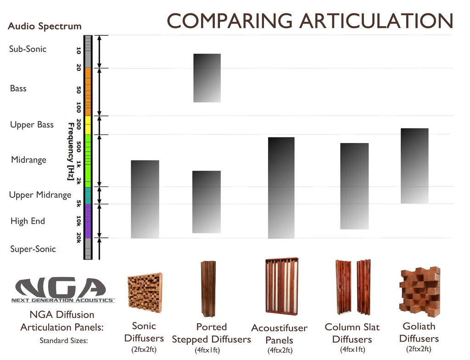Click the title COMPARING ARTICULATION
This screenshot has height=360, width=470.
click(310, 21)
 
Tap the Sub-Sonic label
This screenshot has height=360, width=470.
click(28, 49)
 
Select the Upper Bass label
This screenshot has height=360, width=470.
click(32, 125)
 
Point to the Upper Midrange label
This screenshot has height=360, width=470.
click(40, 195)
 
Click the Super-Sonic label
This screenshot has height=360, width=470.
click(33, 249)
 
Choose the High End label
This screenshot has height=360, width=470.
click(28, 221)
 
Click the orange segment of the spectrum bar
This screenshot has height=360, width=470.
click(88, 92)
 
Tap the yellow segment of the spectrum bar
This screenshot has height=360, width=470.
click(88, 125)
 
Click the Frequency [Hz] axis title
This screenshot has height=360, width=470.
click(71, 151)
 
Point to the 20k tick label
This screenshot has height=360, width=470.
click(79, 238)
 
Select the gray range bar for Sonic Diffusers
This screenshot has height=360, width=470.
click(145, 199)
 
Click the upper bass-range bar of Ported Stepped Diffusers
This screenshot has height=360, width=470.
click(207, 78)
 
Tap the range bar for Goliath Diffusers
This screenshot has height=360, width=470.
click(414, 166)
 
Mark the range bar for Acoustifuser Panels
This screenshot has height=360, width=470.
click(281, 188)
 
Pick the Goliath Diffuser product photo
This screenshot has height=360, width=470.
click(420, 292)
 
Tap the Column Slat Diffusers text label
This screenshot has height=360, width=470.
click(352, 333)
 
